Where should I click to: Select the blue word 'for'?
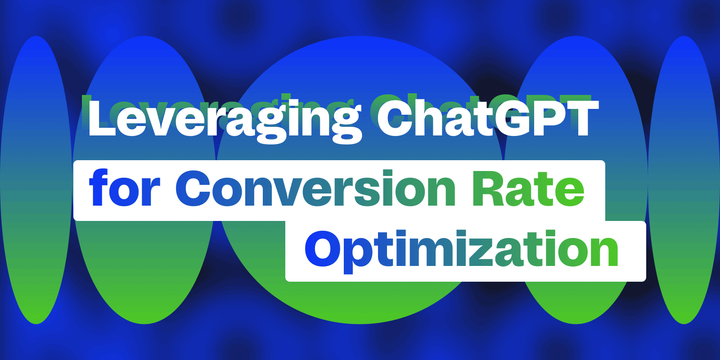pyautogui.click(x=125, y=188)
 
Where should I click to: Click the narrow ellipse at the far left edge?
pyautogui.click(x=36, y=180)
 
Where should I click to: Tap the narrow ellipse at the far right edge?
pyautogui.click(x=684, y=180)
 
